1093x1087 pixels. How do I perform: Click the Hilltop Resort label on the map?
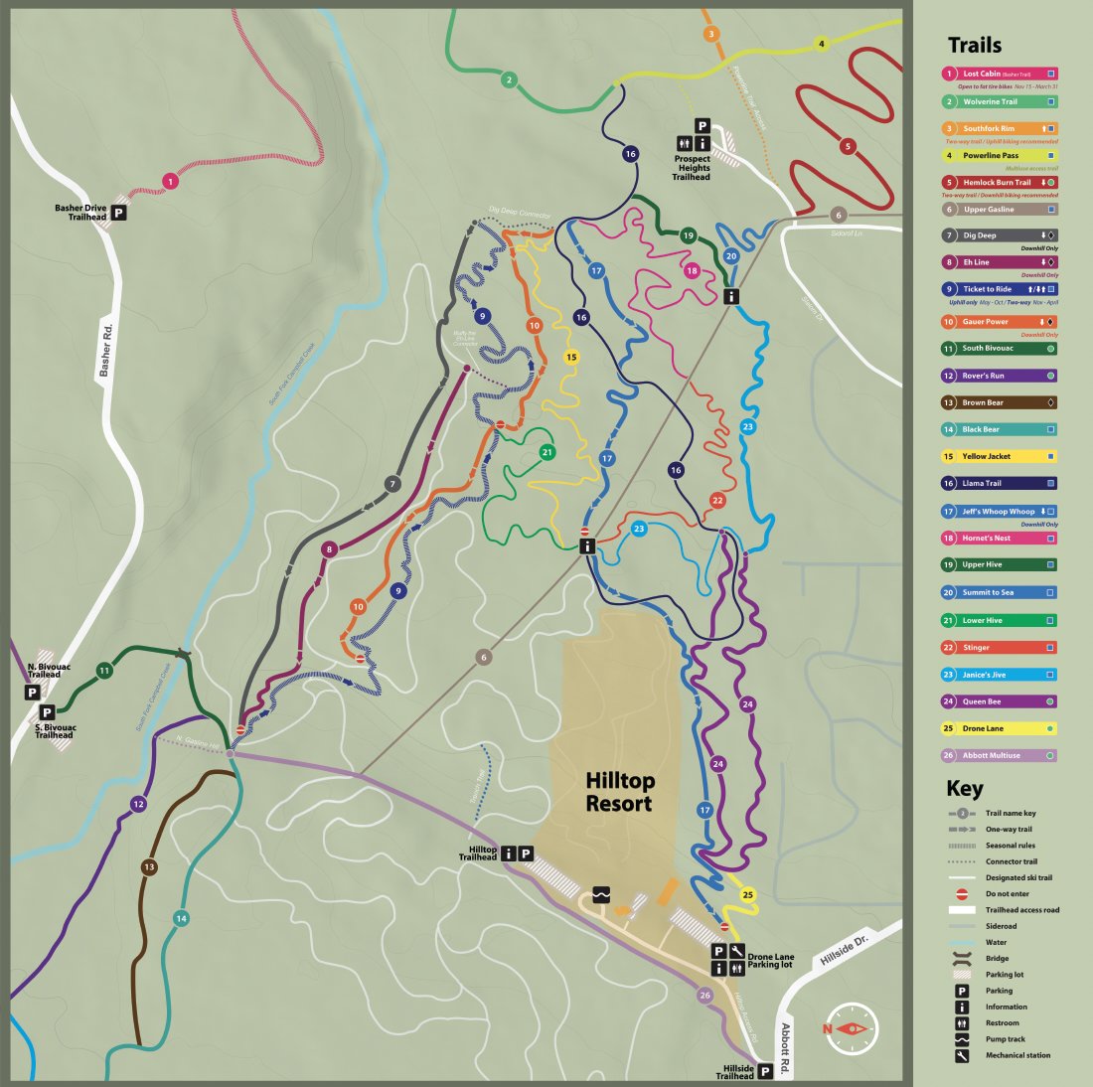click(x=619, y=792)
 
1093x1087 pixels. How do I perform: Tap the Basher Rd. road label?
click(x=106, y=349)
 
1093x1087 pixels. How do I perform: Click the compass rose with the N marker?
click(x=851, y=1028)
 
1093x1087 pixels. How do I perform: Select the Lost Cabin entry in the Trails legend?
click(x=1000, y=74)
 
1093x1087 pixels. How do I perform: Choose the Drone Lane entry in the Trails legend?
click(x=1000, y=728)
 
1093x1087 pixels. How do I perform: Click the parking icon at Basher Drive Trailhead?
click(x=119, y=213)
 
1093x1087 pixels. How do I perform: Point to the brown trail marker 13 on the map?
click(x=149, y=867)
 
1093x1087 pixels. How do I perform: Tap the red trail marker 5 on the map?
click(x=847, y=146)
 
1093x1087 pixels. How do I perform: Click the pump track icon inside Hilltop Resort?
click(x=600, y=894)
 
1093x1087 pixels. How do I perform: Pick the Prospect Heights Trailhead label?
click(x=692, y=167)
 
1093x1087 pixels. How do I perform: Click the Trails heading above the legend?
click(x=974, y=45)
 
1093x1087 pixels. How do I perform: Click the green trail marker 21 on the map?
click(x=546, y=452)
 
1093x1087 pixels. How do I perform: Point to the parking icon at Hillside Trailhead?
click(x=765, y=1071)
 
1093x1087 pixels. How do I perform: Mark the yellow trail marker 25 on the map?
click(x=748, y=895)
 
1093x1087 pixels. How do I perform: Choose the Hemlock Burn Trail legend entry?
click(x=1000, y=182)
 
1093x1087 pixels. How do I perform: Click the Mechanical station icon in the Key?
click(x=962, y=1055)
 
